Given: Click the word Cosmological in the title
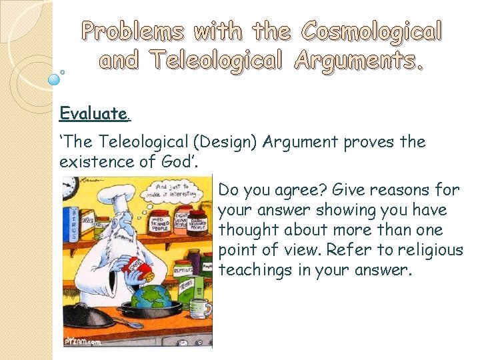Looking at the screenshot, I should (x=371, y=31).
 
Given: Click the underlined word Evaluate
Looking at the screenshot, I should (x=94, y=113).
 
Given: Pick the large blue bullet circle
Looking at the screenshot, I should (x=55, y=79).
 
